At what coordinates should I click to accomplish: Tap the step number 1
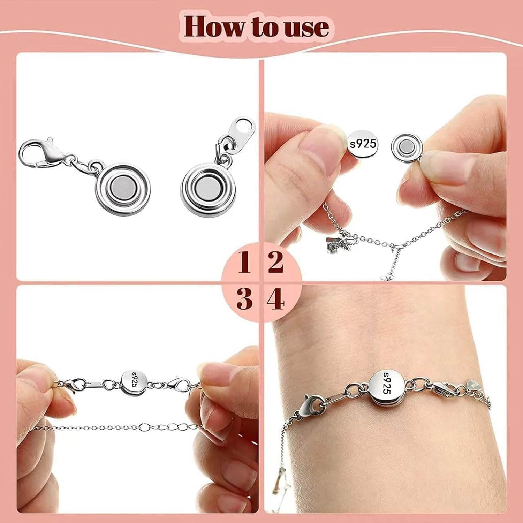[244, 262]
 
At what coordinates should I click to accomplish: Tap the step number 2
[276, 262]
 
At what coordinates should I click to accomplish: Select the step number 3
[244, 299]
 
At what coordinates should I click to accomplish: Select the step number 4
[276, 299]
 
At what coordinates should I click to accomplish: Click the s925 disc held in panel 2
[363, 143]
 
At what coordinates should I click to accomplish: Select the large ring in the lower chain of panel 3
[144, 426]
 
